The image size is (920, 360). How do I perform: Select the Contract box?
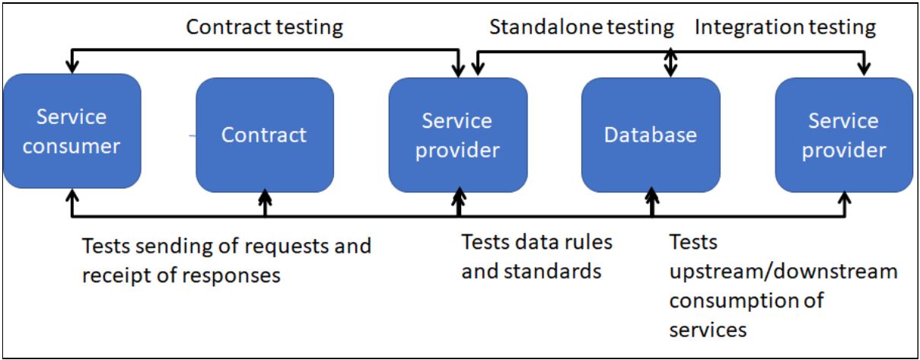pyautogui.click(x=264, y=135)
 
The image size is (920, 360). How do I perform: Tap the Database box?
pyautogui.click(x=650, y=135)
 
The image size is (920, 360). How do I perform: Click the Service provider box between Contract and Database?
pyautogui.click(x=457, y=135)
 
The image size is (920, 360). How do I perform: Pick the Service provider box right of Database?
pyautogui.click(x=843, y=135)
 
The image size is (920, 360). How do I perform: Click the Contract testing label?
pyautogui.click(x=265, y=27)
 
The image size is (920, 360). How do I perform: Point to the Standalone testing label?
pyautogui.click(x=581, y=27)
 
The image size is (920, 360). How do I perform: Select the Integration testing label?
pyautogui.click(x=785, y=27)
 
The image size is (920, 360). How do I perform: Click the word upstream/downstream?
pyautogui.click(x=783, y=272)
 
